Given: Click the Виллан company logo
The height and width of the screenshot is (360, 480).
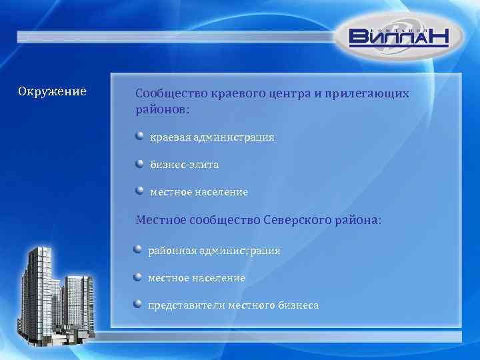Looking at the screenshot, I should click(x=399, y=36).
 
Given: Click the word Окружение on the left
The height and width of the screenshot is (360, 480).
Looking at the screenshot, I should click(x=52, y=91).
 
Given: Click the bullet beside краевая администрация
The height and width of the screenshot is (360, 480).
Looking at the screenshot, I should click(x=139, y=136).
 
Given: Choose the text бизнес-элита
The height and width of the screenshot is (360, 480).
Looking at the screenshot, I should click(x=184, y=164).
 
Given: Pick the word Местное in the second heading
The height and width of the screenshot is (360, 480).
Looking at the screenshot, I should click(x=160, y=220).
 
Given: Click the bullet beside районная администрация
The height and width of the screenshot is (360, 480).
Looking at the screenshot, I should click(x=137, y=249).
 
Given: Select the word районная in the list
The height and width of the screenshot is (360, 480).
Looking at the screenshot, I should click(x=170, y=251).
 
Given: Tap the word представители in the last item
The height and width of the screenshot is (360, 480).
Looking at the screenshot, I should click(x=186, y=305).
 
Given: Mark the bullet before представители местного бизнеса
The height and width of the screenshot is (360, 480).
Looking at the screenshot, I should click(x=137, y=304).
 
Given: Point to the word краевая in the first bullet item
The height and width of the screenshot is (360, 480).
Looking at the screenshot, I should click(x=170, y=137).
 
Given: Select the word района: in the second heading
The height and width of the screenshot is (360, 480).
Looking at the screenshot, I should click(x=357, y=220).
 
